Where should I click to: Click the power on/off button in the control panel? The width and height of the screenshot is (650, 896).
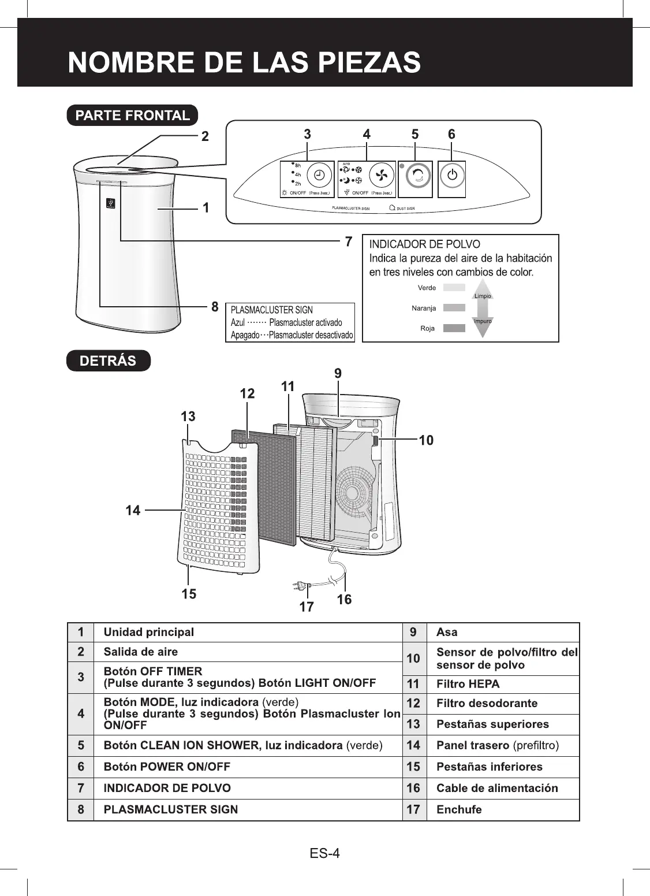click(453, 176)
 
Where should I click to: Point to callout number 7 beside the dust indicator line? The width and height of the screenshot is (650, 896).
click(349, 241)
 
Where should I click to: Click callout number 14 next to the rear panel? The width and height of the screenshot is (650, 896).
click(133, 510)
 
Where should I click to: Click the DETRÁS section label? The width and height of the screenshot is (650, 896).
click(108, 360)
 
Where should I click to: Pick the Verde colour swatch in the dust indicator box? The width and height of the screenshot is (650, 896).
click(454, 287)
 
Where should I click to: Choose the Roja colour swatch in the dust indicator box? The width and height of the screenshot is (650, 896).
click(454, 328)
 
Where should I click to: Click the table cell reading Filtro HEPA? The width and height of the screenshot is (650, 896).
click(468, 684)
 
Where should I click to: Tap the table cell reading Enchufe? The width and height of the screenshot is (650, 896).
click(459, 809)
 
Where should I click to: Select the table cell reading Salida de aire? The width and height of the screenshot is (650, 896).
click(141, 652)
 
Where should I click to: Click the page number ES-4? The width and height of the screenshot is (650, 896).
click(324, 853)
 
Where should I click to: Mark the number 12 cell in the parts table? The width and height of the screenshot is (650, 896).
click(413, 703)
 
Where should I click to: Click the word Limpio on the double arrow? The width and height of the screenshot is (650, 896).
click(483, 296)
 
